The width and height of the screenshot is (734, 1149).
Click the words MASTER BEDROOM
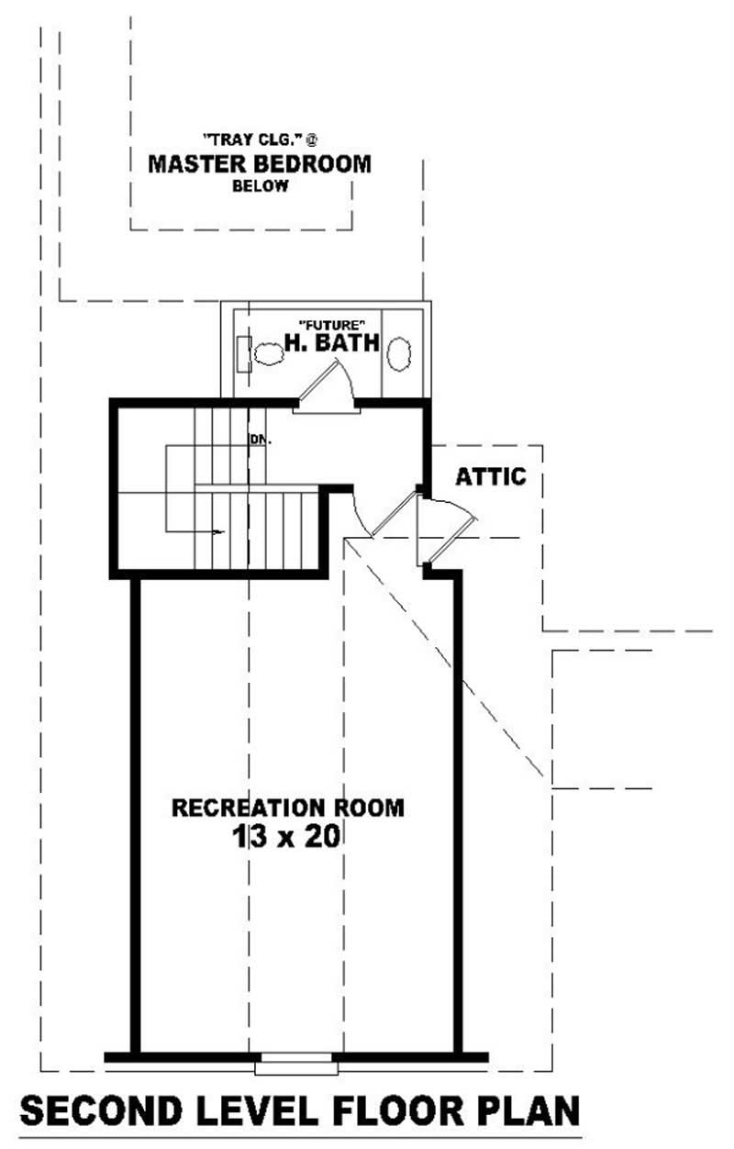[260, 164]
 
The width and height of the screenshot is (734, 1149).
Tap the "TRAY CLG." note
[260, 140]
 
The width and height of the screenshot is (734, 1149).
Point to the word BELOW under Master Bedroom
[260, 186]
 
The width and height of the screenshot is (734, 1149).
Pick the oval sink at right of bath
[400, 353]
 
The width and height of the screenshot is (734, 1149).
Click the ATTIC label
[491, 477]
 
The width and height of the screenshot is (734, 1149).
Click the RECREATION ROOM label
[288, 808]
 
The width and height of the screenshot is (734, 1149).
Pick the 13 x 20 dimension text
[288, 837]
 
